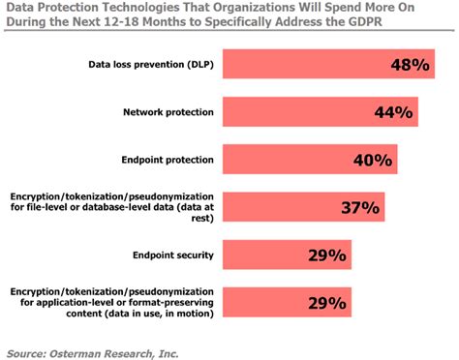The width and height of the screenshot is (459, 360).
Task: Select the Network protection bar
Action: (x=321, y=112)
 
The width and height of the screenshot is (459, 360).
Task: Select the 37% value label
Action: (x=361, y=206)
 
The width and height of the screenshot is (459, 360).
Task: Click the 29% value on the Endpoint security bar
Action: (x=327, y=256)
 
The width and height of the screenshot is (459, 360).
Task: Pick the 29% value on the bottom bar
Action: (x=327, y=304)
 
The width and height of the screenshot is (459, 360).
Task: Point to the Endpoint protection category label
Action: (x=169, y=159)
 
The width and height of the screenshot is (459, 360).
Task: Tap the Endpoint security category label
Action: (x=175, y=255)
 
